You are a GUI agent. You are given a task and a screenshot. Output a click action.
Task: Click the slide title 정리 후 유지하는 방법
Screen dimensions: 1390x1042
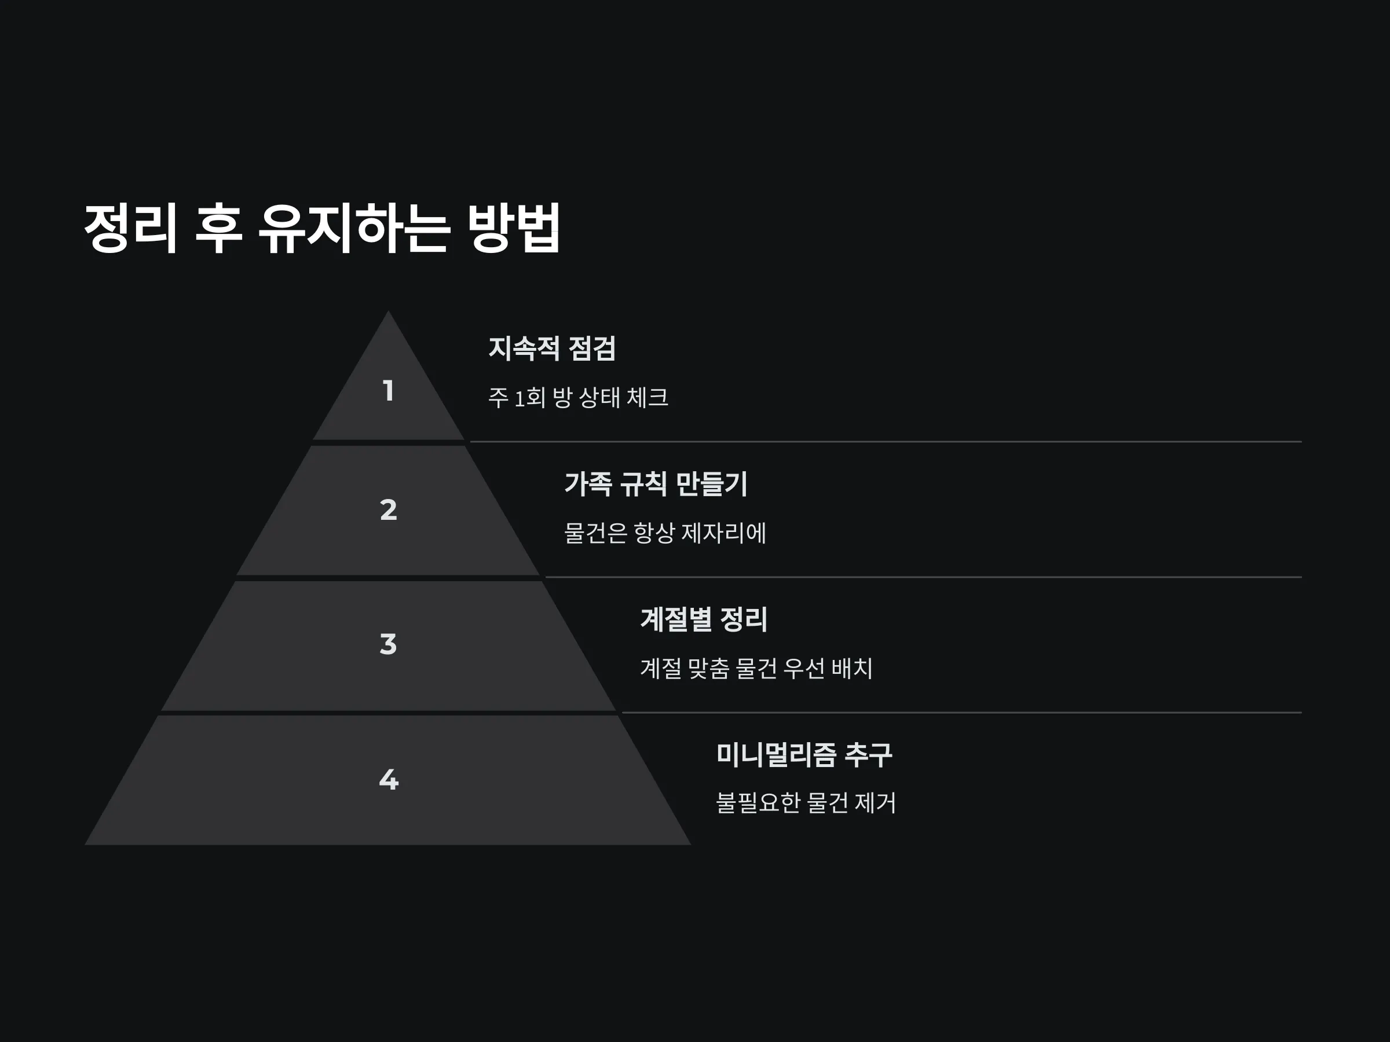pyautogui.click(x=322, y=228)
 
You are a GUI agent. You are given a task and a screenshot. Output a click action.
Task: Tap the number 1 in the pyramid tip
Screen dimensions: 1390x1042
pyautogui.click(x=389, y=391)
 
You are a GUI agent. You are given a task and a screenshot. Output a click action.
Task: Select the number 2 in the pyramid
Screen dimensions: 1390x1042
pyautogui.click(x=389, y=510)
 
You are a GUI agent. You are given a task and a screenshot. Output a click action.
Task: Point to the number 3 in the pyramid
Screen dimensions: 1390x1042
pyautogui.click(x=389, y=644)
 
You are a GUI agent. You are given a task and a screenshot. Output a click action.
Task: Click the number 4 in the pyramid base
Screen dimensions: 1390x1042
pyautogui.click(x=389, y=779)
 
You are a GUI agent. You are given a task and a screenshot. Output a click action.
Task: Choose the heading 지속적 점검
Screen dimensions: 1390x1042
pyautogui.click(x=552, y=348)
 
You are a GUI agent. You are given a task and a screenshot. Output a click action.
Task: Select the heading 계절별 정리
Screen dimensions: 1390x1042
pyautogui.click(x=704, y=619)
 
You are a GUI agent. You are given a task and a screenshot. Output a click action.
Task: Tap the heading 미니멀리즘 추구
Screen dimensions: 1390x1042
pyautogui.click(x=804, y=755)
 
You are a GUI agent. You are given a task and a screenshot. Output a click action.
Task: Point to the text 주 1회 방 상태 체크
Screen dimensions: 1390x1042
pyautogui.click(x=578, y=398)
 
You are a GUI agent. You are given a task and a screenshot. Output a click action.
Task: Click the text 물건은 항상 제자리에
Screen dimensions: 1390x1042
pyautogui.click(x=665, y=533)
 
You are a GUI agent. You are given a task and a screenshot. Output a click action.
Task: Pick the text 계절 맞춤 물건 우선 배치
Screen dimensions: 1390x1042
pyautogui.click(x=756, y=668)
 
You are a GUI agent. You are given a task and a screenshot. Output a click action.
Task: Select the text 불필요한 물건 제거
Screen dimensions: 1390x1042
pyautogui.click(x=806, y=803)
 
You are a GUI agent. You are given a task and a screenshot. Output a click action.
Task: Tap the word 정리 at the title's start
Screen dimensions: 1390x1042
pyautogui.click(x=131, y=228)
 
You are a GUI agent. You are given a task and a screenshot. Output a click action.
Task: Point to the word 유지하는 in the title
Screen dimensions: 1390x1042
pyautogui.click(x=354, y=228)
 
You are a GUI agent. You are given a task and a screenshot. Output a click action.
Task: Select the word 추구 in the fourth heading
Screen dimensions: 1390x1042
pyautogui.click(x=868, y=755)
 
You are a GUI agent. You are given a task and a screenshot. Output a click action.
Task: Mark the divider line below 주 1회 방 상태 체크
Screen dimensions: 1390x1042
pyautogui.click(x=886, y=442)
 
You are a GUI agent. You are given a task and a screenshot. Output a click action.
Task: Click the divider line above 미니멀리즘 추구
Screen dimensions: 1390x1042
pyautogui.click(x=962, y=713)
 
